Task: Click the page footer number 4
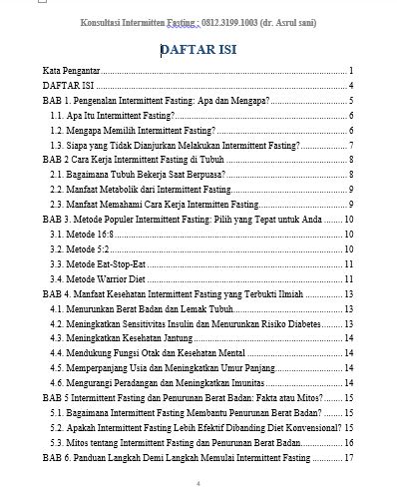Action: click(x=198, y=484)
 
